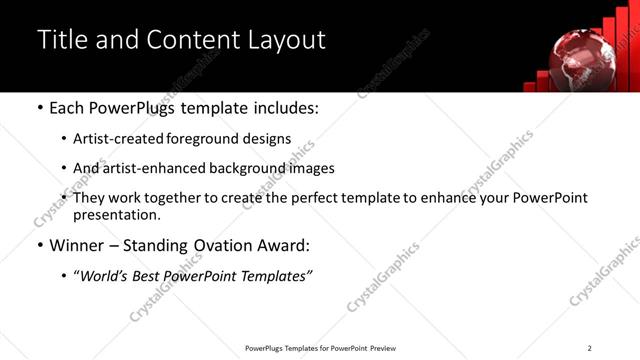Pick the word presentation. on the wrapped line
(116, 214)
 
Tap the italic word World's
(106, 275)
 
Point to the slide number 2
(589, 348)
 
